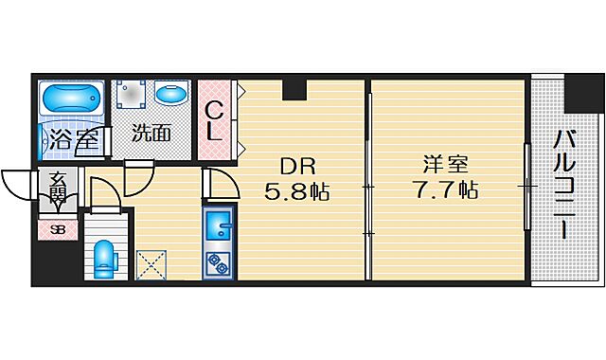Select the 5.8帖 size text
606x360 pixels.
296,192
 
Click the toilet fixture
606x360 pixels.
104,257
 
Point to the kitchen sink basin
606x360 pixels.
219,225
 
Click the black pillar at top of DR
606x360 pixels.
294,88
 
